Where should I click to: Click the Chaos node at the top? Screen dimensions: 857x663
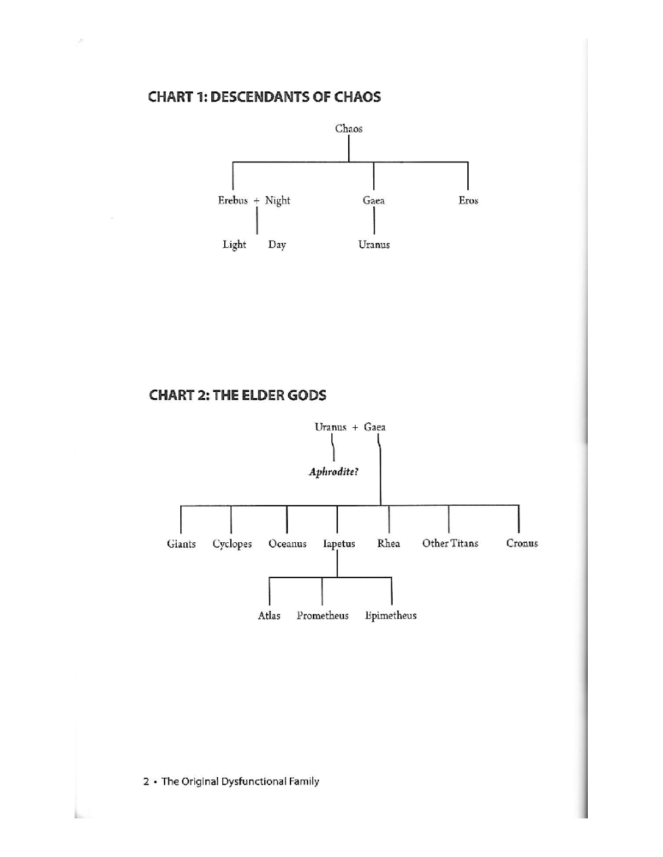pos(349,129)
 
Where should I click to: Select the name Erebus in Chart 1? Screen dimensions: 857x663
pos(233,200)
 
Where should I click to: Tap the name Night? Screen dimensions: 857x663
pos(278,200)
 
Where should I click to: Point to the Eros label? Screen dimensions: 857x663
pos(468,200)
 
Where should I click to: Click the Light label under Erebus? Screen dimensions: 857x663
pos(234,245)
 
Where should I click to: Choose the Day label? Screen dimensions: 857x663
pos(277,245)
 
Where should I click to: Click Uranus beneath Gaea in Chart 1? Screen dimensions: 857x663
pos(374,245)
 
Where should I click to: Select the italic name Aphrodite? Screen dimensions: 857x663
pos(333,472)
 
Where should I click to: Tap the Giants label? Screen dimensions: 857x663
pos(181,544)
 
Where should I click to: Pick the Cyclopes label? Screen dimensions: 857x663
pos(232,544)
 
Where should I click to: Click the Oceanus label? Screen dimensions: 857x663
pos(287,544)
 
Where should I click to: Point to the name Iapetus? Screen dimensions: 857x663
pos(339,544)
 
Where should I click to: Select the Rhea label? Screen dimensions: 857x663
pos(389,544)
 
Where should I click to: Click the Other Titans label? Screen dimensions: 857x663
pos(450,544)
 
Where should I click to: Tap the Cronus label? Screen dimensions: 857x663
pos(522,544)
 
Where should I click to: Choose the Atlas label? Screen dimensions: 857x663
pos(269,615)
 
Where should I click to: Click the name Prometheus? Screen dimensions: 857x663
pos(322,615)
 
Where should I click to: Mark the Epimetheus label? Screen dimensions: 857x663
pos(391,615)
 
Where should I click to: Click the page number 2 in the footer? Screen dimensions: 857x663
pos(146,782)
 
